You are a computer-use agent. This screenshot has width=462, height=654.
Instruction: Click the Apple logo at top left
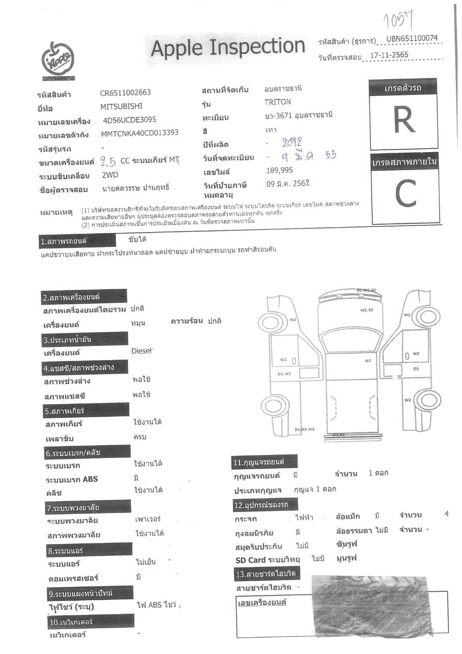pos(58,61)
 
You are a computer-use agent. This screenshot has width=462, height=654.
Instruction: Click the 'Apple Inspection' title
pos(228,47)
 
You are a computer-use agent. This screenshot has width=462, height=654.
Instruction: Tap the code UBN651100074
pos(411,39)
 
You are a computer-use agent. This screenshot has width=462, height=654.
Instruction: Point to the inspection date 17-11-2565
pos(389,55)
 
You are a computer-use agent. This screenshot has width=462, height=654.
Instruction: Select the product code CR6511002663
pos(125,93)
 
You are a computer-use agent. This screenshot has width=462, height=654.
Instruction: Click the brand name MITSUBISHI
pos(122,106)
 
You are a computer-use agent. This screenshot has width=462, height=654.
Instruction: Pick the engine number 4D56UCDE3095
pos(129,120)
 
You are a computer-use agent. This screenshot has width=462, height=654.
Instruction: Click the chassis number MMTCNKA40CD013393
pos(140,133)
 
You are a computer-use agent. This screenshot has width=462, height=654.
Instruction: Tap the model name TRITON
pos(277,102)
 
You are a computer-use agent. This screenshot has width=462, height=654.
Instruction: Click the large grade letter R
pos(404,121)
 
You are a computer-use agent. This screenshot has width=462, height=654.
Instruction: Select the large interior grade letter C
pos(405,194)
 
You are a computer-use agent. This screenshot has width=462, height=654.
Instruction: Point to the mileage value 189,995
pos(280,171)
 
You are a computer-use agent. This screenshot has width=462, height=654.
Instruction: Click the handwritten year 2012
pos(292,142)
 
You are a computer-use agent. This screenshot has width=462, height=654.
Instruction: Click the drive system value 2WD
pos(110,175)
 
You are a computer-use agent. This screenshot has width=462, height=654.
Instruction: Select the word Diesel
pos(142,351)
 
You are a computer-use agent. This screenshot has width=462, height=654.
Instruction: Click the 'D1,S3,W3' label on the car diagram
pos(304,429)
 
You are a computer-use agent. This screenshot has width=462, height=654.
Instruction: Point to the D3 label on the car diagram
pos(416,369)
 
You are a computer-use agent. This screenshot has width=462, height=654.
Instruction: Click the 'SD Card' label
pos(250,560)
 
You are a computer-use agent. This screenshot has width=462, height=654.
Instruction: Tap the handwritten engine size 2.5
pos(108,162)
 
